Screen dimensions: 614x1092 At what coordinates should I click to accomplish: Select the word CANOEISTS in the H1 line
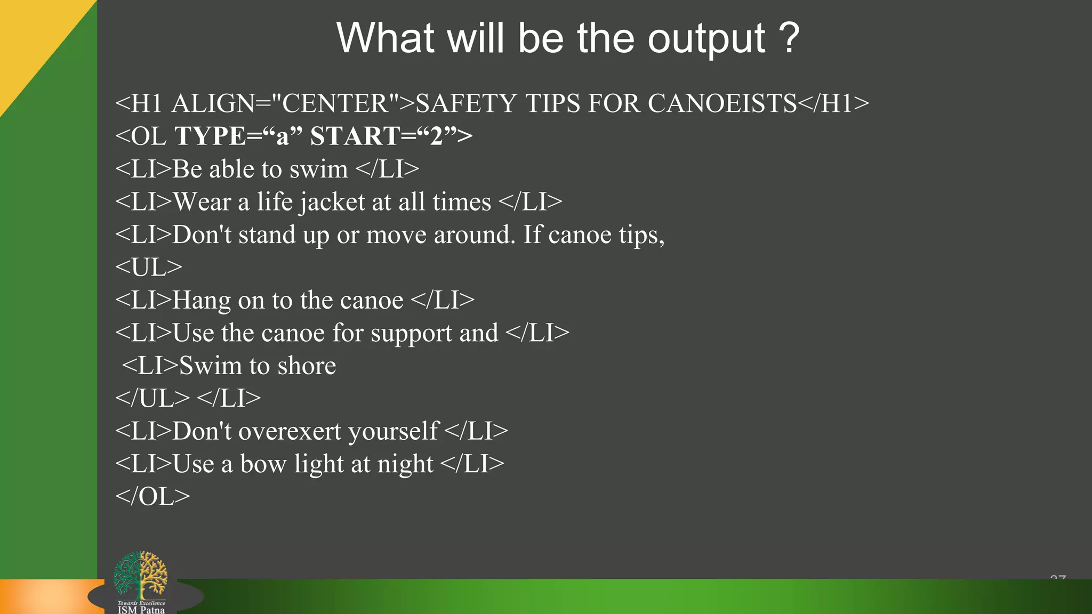tap(722, 103)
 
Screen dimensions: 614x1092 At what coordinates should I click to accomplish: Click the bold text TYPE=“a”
tap(238, 136)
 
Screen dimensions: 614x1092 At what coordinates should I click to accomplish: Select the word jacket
tap(331, 203)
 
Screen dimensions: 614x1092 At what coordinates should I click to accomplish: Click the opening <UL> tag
tap(149, 268)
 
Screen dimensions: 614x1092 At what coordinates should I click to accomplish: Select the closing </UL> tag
tap(152, 399)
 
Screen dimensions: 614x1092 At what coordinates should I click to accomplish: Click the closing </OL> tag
tap(152, 497)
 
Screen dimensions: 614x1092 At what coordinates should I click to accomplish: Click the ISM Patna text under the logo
tap(141, 610)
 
